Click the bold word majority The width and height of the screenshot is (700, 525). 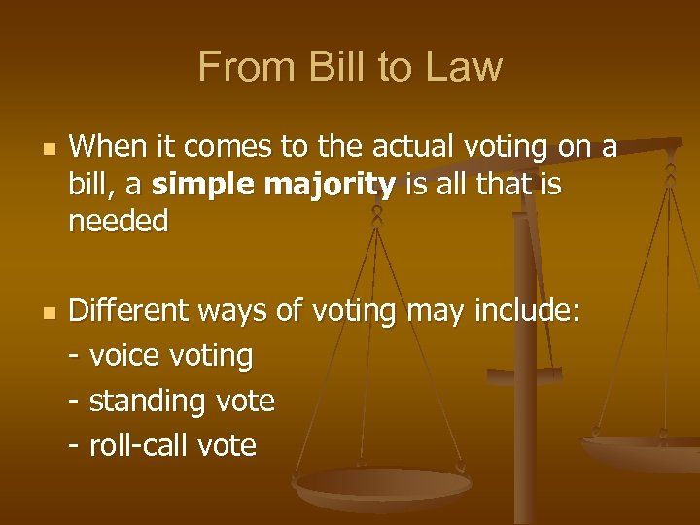[336, 184]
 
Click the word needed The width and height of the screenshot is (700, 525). [119, 222]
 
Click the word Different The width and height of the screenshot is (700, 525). [130, 311]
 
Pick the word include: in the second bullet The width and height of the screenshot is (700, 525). [528, 311]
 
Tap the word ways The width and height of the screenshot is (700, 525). [234, 311]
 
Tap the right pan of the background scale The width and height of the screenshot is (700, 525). [642, 449]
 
